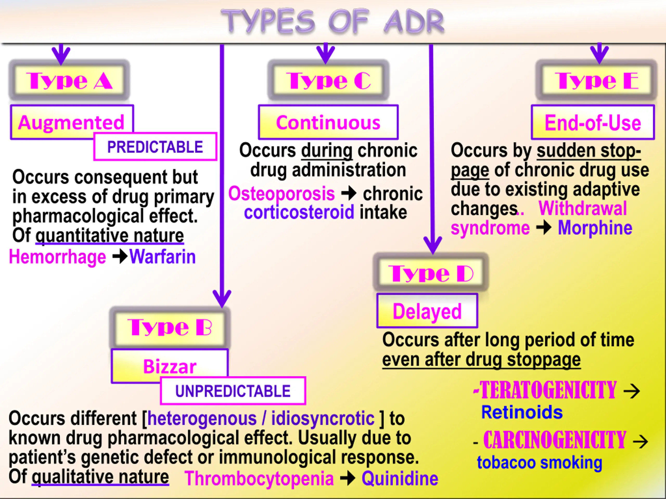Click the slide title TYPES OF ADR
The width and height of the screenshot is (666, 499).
(332, 21)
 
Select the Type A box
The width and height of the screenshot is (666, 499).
(69, 80)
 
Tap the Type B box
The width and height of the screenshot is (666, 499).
(170, 327)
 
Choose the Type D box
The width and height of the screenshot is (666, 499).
(431, 273)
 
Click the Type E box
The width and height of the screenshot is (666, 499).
(596, 80)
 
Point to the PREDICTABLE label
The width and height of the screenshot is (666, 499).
(155, 147)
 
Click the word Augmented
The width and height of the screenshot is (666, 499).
(71, 122)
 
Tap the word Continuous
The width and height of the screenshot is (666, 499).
(328, 123)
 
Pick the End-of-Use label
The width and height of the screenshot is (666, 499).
(593, 123)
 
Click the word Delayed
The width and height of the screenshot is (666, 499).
(427, 311)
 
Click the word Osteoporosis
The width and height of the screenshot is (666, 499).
(281, 193)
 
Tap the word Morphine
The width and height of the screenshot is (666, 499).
(595, 228)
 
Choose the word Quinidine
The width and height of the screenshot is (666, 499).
(400, 478)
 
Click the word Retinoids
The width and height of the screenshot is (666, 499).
(522, 412)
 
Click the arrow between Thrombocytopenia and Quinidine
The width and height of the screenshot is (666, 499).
(348, 478)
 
